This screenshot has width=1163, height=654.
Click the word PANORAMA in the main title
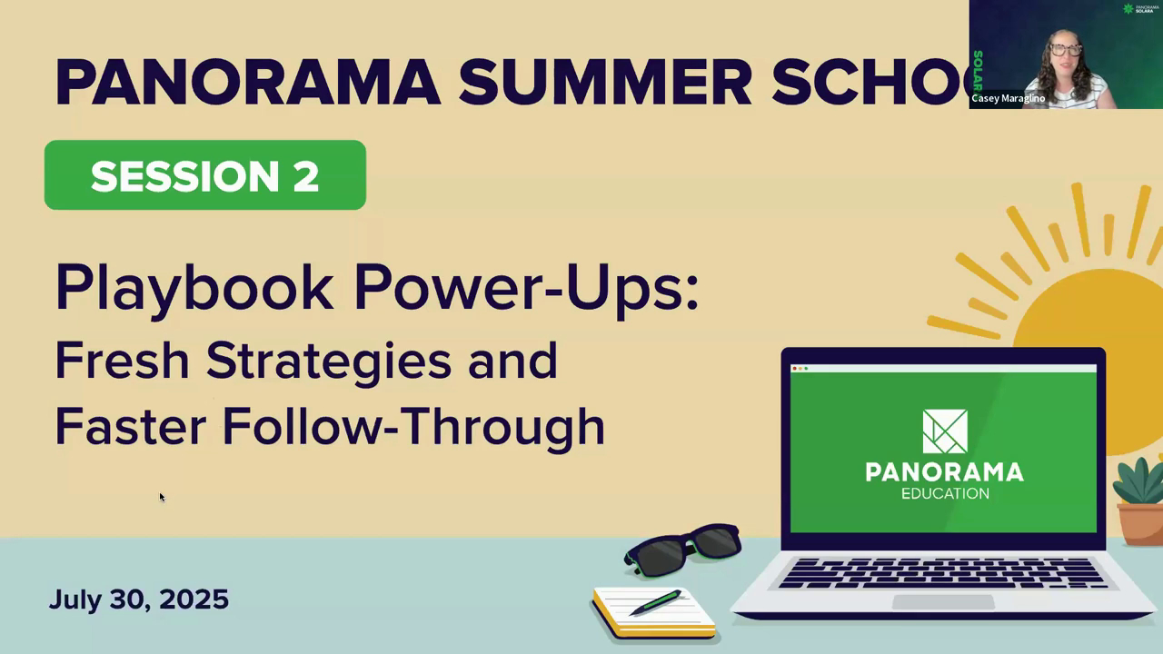point(248,83)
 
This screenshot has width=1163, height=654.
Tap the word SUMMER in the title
point(605,83)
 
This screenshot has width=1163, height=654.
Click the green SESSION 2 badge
point(205,175)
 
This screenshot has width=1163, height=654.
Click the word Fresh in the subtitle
point(122,361)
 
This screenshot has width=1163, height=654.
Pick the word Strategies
point(329,363)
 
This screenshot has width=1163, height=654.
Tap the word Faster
point(131,426)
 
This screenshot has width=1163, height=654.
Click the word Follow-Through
point(413,428)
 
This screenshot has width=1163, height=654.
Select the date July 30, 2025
point(139,599)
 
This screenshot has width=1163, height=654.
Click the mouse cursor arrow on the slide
point(162,497)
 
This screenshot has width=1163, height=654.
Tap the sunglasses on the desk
point(683,550)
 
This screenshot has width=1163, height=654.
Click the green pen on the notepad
point(655,602)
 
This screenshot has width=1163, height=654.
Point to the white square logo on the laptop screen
point(945,431)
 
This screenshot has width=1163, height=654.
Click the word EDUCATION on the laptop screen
point(945,493)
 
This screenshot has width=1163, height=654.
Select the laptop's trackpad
point(943,602)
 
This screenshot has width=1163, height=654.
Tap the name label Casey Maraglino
point(1009,98)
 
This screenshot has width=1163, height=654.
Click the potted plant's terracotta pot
point(1140,524)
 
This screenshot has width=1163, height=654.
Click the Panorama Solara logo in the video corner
point(1140,8)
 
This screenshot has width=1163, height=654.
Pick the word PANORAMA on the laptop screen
point(945,472)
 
